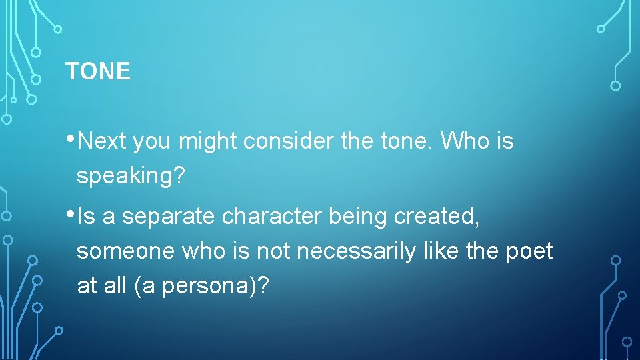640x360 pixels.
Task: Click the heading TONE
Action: [98, 71]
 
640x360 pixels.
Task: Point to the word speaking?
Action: [131, 177]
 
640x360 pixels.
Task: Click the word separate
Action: [167, 217]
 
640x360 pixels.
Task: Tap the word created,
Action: [444, 217]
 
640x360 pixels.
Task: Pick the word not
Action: [272, 251]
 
